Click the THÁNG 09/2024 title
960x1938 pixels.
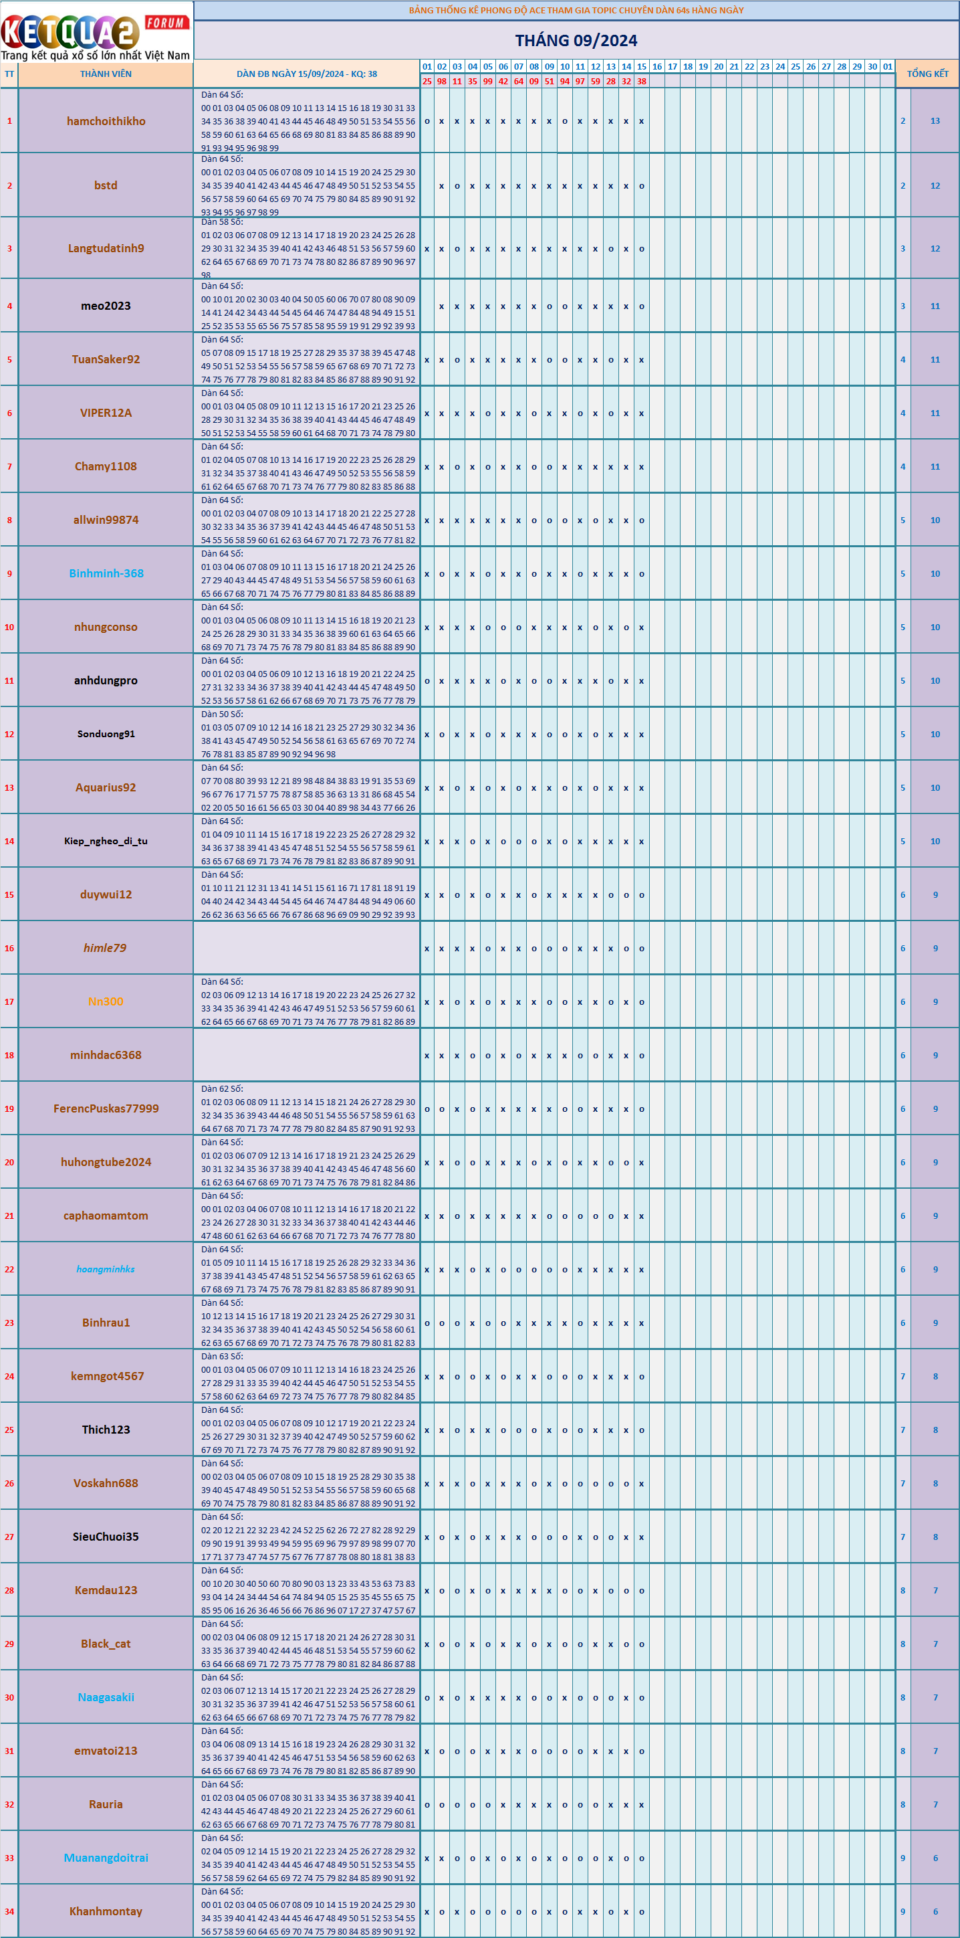click(x=576, y=41)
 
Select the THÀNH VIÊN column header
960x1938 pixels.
click(x=106, y=74)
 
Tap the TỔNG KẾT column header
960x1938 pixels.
click(x=928, y=74)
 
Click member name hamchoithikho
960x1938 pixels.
click(x=106, y=121)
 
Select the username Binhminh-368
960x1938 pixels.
click(x=106, y=573)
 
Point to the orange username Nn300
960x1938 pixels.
click(x=106, y=1001)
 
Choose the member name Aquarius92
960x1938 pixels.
click(x=106, y=787)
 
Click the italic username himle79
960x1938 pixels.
click(x=105, y=948)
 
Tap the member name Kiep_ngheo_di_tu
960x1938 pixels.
click(x=106, y=841)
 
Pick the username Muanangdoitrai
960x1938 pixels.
click(x=106, y=1858)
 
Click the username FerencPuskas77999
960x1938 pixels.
click(x=106, y=1108)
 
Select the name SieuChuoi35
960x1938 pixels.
click(x=106, y=1536)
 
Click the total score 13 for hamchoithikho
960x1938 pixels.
click(x=935, y=121)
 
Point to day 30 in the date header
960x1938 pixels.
click(x=872, y=66)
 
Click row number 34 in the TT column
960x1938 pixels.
click(x=9, y=1911)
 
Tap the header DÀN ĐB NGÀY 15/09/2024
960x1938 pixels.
click(x=307, y=74)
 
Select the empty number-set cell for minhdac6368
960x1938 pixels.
click(x=307, y=1055)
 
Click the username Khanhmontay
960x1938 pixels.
click(x=106, y=1911)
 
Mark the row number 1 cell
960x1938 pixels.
click(x=9, y=121)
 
